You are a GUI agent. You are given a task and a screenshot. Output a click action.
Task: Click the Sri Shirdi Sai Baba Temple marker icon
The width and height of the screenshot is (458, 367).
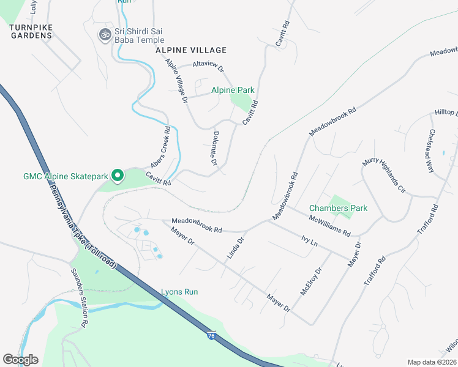tap(104, 35)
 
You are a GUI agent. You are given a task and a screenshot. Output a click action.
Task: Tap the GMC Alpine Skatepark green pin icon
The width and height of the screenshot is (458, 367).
tap(117, 176)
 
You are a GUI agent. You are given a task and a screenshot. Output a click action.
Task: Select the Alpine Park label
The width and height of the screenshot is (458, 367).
tap(233, 91)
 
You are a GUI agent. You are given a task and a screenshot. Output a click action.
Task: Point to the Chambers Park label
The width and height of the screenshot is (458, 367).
tap(338, 208)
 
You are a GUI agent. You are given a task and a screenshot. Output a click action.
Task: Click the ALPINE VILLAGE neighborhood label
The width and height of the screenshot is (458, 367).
tap(191, 50)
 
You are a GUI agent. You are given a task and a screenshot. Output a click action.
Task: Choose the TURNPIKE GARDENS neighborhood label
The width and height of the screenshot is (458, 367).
tap(31, 31)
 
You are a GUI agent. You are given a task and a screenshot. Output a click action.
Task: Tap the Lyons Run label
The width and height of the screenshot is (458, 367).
tap(179, 292)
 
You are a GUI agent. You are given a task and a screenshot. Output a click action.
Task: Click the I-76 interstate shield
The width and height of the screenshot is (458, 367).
tap(211, 336)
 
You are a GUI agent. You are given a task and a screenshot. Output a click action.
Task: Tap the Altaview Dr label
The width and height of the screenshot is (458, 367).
tap(208, 64)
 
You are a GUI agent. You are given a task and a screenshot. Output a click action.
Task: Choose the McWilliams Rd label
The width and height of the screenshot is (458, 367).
tap(329, 225)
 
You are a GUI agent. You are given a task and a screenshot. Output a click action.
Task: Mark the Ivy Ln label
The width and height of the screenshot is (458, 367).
tap(310, 241)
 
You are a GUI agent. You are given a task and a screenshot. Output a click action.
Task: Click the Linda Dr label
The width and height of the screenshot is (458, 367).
tap(236, 248)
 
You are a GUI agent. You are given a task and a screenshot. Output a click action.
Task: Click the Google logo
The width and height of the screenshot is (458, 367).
tap(20, 360)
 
